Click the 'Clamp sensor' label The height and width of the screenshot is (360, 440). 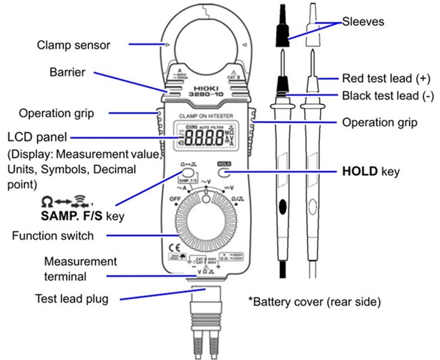click(74, 44)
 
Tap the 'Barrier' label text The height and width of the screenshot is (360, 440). click(67, 72)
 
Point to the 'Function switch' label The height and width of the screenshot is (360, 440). click(53, 236)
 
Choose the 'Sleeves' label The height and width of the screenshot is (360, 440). click(363, 22)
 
